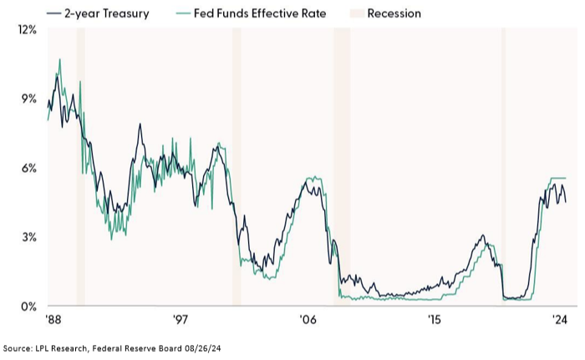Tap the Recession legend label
(x=394, y=13)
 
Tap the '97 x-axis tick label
(x=180, y=320)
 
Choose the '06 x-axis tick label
(x=307, y=320)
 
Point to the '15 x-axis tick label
(x=433, y=320)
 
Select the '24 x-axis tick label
(x=559, y=320)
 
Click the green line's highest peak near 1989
(x=59, y=59)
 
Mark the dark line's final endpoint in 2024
(x=566, y=202)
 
